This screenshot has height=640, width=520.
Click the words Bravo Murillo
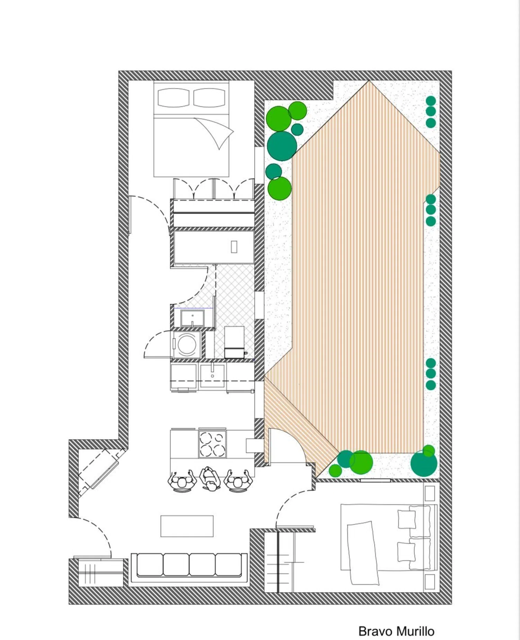396,631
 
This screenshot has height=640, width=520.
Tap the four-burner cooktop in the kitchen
212,444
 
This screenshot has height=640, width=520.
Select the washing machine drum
187,344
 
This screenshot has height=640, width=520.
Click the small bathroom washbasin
192,318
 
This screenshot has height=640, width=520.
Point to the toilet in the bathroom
234,342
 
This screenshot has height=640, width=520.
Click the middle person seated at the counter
210,479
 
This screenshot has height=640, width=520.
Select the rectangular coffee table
187,526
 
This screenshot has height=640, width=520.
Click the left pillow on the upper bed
173,97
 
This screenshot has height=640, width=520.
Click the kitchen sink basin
212,375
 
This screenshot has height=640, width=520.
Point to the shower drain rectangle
234,247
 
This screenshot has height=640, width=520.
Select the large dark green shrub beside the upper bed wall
282,146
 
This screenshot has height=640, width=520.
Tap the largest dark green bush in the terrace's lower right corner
424,463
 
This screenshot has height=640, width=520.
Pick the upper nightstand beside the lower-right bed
430,493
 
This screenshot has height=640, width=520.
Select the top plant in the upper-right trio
431,101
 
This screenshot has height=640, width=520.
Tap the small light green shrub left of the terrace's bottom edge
335,471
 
